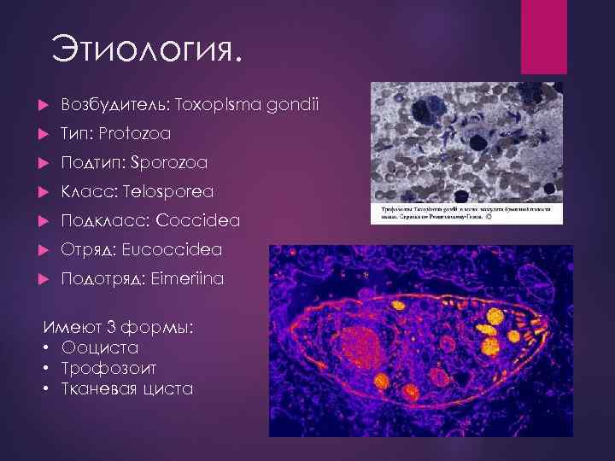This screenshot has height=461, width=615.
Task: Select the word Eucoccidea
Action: (x=173, y=249)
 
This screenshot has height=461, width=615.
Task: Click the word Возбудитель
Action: (x=114, y=105)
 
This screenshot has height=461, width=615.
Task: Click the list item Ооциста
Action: (x=100, y=348)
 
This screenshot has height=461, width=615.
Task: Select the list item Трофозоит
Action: (x=110, y=369)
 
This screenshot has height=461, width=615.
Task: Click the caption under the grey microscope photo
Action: (x=466, y=212)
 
